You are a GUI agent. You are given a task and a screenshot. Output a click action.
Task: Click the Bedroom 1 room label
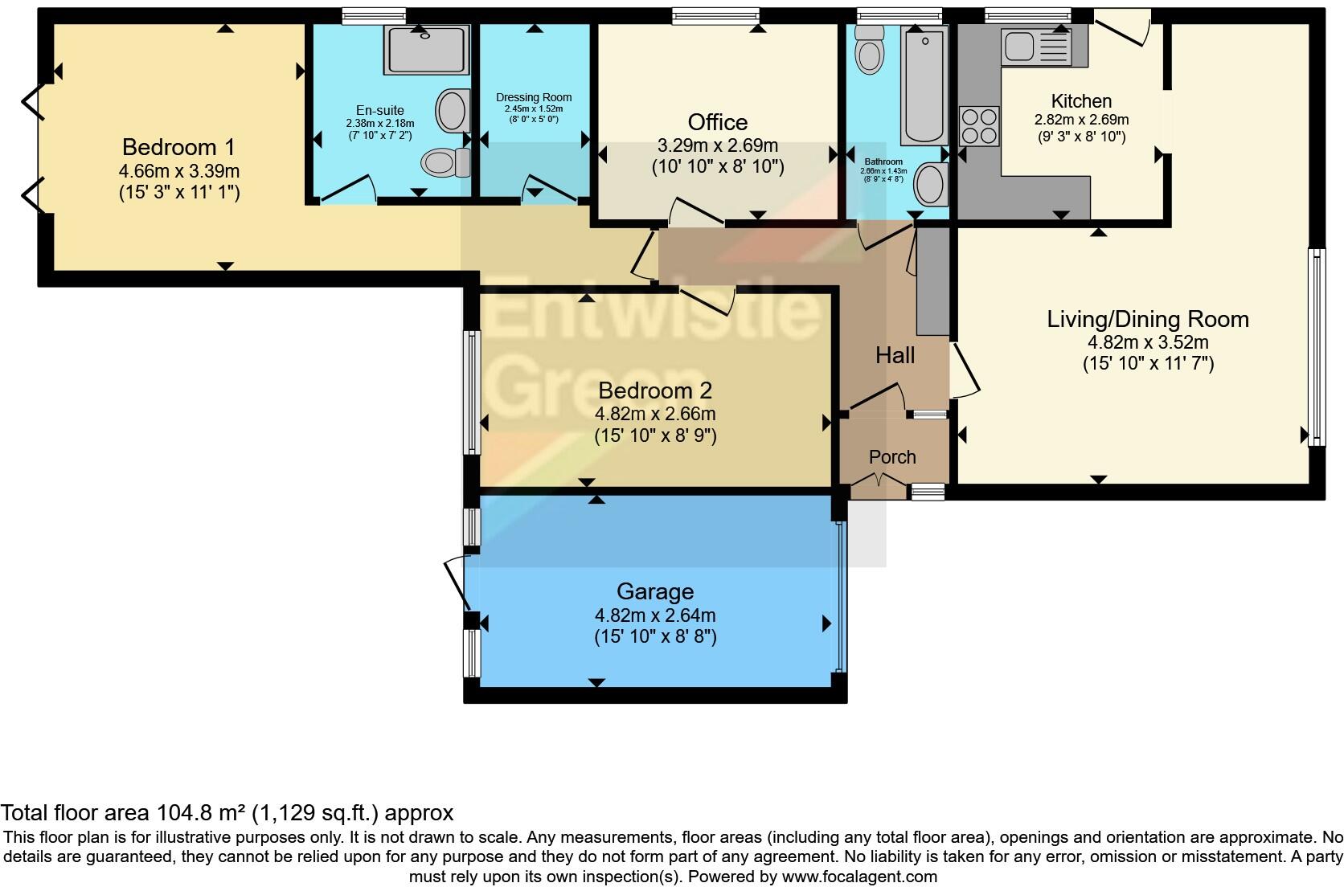179,147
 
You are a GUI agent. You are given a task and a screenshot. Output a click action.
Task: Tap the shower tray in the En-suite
426,50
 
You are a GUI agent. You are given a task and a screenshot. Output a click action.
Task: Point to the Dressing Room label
534,98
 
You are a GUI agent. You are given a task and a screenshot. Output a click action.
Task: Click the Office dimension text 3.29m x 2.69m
717,145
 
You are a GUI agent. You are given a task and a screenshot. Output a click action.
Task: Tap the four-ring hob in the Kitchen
979,126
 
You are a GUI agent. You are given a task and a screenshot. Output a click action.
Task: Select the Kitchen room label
1081,101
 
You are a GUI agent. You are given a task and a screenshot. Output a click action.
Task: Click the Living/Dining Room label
1147,319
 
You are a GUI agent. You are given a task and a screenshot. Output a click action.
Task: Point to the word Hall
895,355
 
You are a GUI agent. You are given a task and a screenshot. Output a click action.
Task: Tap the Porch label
892,457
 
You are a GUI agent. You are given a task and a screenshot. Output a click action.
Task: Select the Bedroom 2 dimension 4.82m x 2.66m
654,415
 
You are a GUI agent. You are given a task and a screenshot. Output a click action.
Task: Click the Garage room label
654,592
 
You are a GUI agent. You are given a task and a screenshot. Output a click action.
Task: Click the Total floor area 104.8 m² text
227,812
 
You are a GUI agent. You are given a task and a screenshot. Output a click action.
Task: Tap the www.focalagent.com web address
858,877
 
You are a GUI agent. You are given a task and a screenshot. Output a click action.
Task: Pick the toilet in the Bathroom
869,49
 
